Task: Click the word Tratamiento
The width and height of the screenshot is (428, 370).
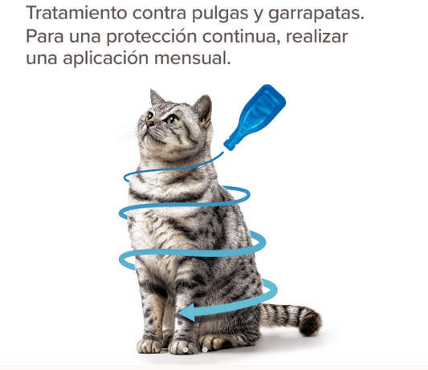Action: [x=76, y=13]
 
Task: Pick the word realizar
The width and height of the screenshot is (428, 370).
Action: [x=317, y=36]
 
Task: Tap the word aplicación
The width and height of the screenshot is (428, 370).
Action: [x=106, y=59]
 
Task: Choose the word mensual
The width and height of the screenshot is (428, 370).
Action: [x=193, y=58]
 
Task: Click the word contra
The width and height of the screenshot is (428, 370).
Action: [x=160, y=14]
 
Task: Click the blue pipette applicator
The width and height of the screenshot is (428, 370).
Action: [x=255, y=117]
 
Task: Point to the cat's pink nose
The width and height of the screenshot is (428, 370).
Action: [x=149, y=124]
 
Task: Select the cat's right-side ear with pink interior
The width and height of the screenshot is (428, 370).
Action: [x=203, y=109]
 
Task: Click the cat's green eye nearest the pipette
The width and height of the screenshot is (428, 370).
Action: [x=172, y=119]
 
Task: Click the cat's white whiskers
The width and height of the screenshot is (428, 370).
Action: [x=127, y=132]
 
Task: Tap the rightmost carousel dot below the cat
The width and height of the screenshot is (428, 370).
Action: [x=205, y=350]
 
